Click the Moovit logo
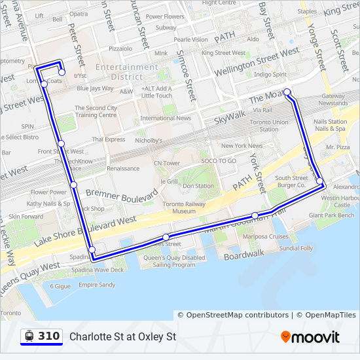click(310, 337)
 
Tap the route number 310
click(48, 336)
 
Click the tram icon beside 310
click(29, 336)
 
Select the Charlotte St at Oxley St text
click(123, 337)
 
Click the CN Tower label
click(166, 163)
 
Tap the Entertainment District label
click(127, 72)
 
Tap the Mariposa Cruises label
click(265, 236)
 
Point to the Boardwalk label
click(243, 253)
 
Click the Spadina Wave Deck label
click(98, 270)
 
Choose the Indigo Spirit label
click(270, 75)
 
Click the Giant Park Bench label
click(331, 215)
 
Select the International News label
click(166, 118)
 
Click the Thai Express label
click(108, 139)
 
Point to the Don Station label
click(198, 186)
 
